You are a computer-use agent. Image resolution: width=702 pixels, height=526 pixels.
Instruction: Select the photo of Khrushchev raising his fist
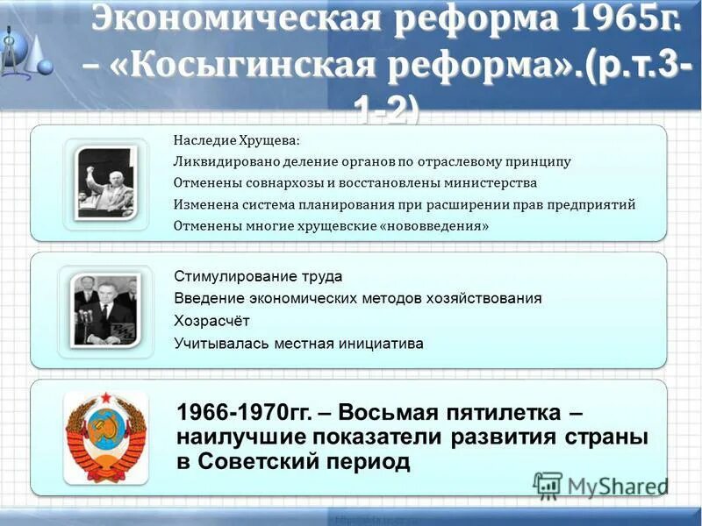[x=105, y=181]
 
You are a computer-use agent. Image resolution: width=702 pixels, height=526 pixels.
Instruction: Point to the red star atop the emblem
[x=105, y=400]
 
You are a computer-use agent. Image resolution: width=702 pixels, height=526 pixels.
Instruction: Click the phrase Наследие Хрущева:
[x=236, y=140]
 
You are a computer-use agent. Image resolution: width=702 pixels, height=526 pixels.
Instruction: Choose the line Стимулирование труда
[x=258, y=276]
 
